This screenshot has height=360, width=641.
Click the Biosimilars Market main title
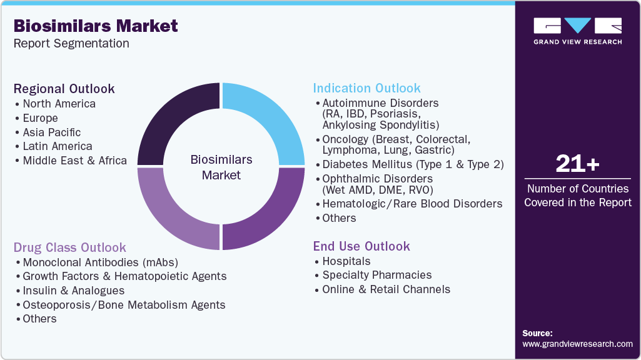(96, 26)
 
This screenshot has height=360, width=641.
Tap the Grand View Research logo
(577, 31)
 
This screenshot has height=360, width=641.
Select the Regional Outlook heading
(64, 89)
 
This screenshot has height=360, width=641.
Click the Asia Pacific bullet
(52, 132)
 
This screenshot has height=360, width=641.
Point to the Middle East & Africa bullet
(74, 161)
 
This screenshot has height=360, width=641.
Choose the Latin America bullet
(58, 146)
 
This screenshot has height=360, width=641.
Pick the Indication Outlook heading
(366, 88)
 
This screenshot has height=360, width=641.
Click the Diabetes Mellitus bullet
(413, 165)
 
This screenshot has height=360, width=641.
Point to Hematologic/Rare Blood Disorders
(412, 204)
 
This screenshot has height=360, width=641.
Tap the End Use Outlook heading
(361, 246)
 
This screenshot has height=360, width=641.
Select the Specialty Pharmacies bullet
(377, 275)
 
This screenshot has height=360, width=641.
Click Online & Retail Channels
(386, 289)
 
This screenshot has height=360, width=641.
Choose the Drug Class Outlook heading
(70, 247)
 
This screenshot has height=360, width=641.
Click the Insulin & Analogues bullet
(73, 291)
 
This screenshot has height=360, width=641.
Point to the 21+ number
(577, 164)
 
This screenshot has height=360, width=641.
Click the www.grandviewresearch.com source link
(577, 344)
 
